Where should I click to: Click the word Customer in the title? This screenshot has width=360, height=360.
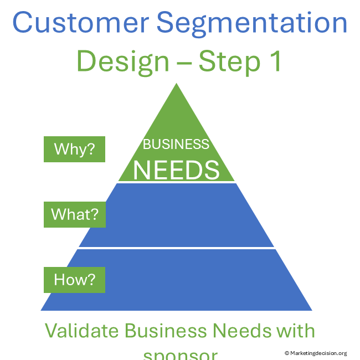click(x=80, y=23)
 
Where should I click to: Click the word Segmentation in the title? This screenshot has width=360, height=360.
click(x=252, y=23)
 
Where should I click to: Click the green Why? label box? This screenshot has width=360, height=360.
click(x=74, y=150)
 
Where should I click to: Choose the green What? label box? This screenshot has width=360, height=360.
click(x=74, y=214)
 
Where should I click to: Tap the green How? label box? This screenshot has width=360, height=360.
click(x=74, y=280)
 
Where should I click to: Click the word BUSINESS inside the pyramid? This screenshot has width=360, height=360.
click(x=176, y=145)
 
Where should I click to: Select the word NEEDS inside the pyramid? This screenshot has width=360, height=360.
click(x=176, y=169)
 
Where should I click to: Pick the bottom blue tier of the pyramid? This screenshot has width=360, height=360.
click(x=176, y=280)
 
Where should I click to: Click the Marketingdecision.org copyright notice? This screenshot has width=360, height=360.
click(x=316, y=353)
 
